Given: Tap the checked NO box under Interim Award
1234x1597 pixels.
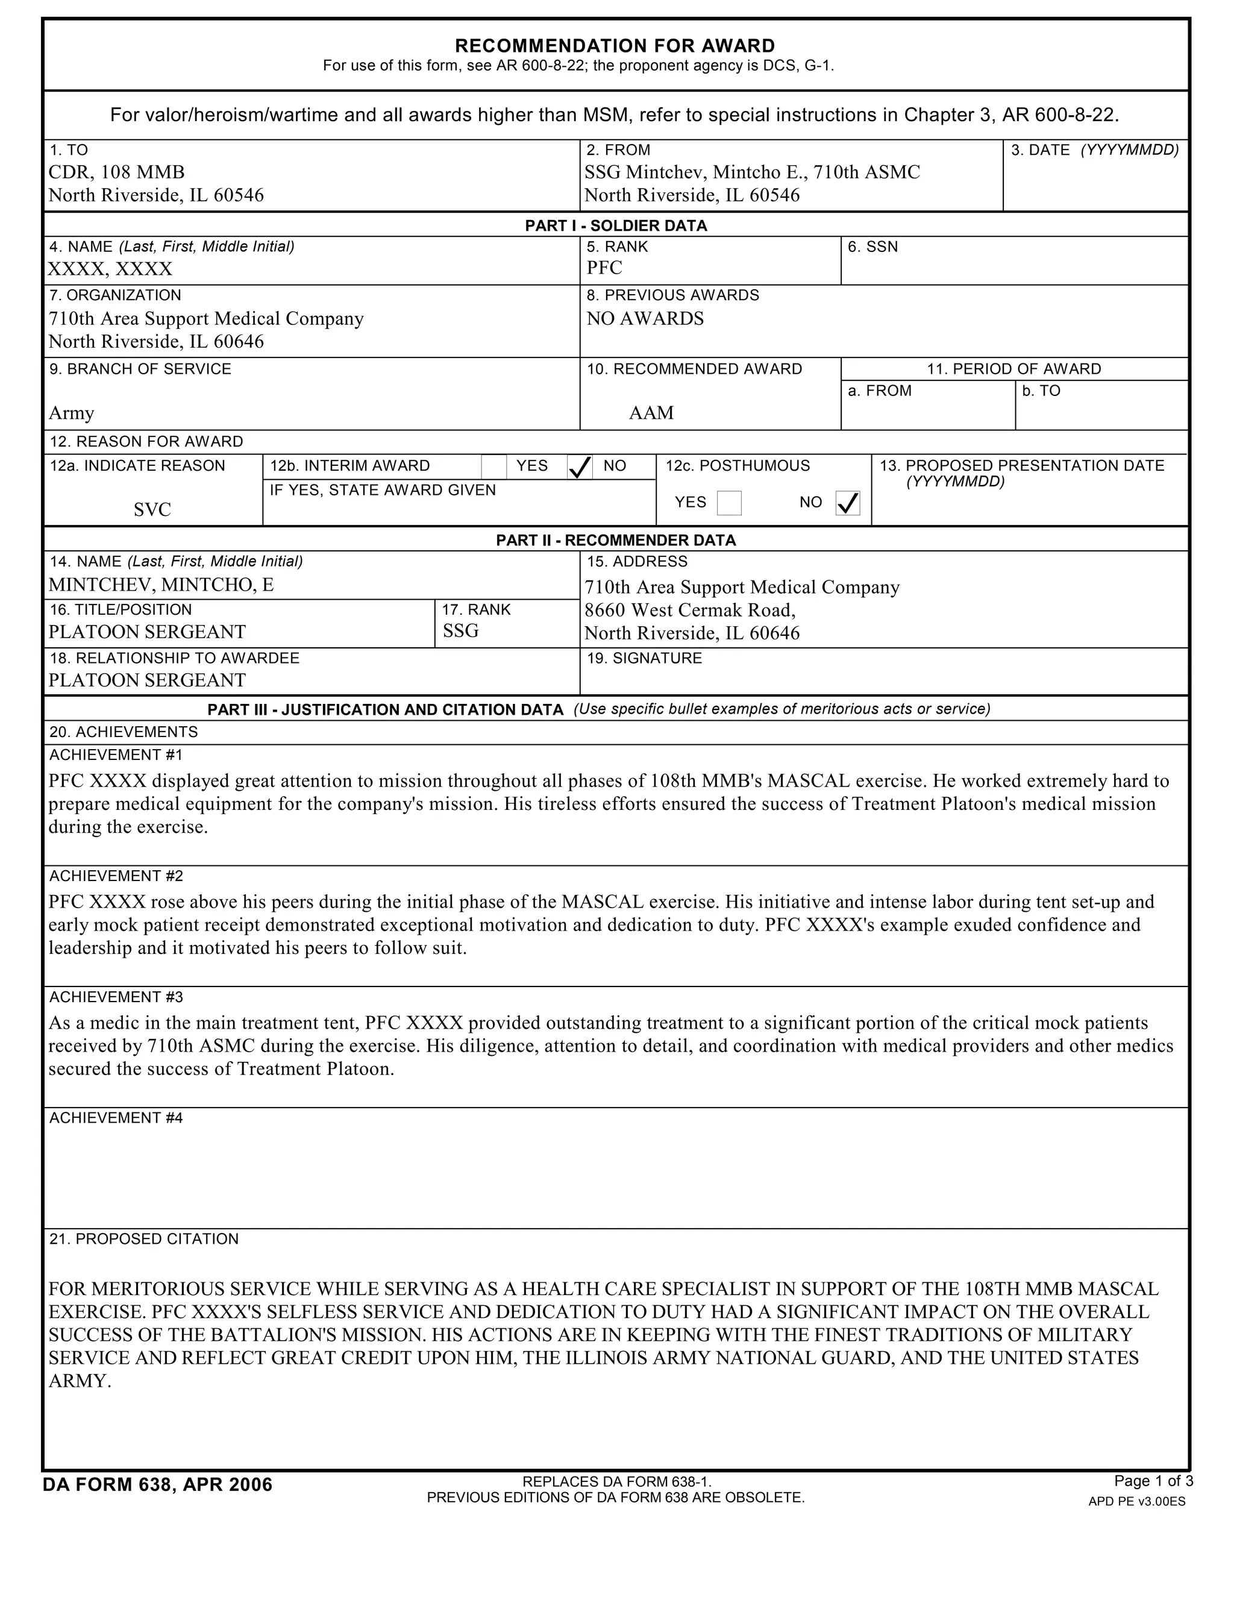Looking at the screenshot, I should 580,467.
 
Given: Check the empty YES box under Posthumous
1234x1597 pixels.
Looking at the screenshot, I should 729,503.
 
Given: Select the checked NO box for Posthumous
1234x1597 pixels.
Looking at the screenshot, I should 847,503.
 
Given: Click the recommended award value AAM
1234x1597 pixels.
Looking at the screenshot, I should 651,413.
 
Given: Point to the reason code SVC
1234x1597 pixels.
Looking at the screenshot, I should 152,510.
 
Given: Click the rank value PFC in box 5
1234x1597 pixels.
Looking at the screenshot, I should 604,268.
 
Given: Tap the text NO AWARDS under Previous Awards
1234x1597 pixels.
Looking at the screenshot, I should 645,319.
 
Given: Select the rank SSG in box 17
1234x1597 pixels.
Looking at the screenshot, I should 460,631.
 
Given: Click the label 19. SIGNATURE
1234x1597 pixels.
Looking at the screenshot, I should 644,658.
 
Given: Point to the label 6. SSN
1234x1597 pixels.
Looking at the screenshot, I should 872,247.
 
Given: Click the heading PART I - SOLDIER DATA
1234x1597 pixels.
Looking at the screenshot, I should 616,226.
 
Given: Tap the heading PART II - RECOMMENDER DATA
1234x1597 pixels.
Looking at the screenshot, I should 616,541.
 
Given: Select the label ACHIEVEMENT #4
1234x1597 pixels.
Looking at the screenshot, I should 116,1118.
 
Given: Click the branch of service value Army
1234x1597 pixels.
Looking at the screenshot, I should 72,413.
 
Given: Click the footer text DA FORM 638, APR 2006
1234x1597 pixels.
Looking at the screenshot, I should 157,1484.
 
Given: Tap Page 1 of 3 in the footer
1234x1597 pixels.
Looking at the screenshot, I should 1153,1481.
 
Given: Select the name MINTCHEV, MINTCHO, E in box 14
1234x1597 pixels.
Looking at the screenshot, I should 161,585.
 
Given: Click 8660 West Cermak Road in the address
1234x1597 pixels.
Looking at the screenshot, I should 689,610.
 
